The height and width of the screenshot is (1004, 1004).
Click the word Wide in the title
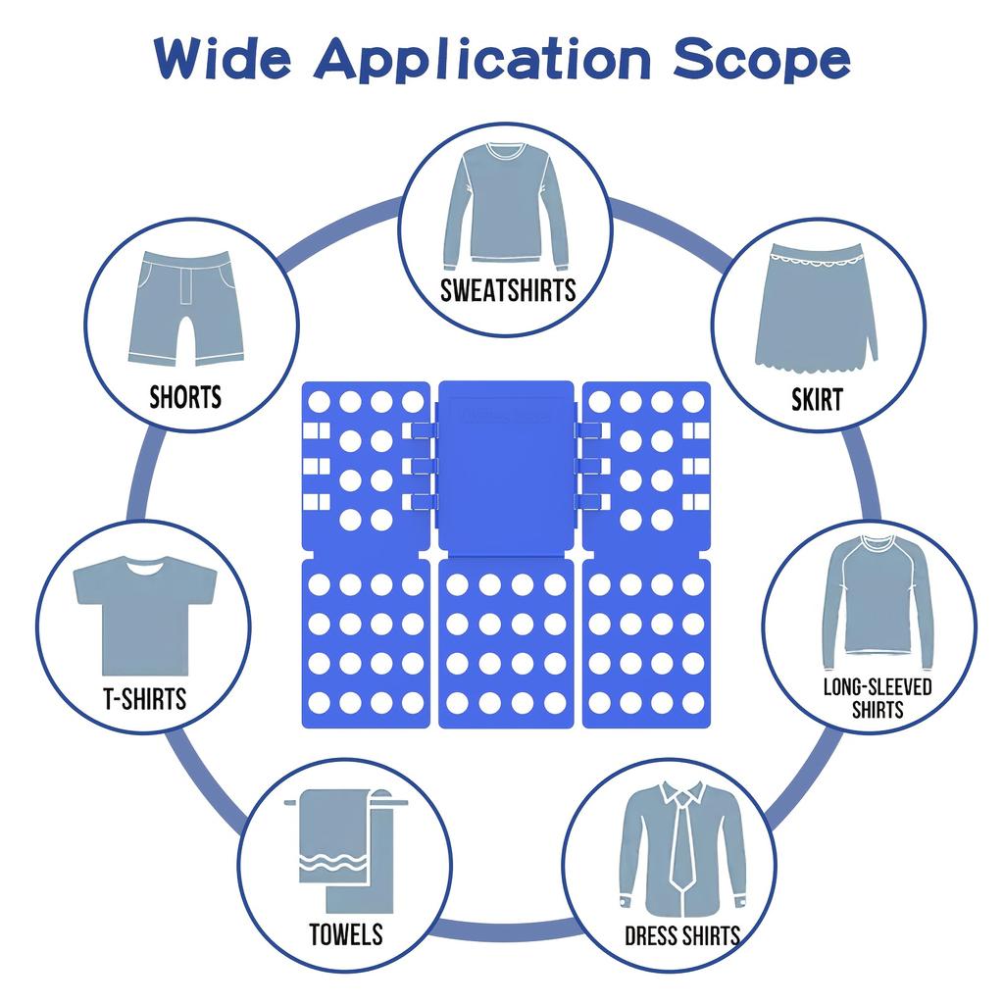pyautogui.click(x=225, y=60)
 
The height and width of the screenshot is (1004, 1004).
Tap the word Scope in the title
pyautogui.click(x=762, y=60)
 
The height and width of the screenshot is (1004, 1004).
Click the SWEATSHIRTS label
pyautogui.click(x=508, y=291)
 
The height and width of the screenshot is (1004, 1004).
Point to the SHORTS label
pyautogui.click(x=185, y=397)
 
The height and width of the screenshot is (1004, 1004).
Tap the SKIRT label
pyautogui.click(x=817, y=399)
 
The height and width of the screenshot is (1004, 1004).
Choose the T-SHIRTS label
pyautogui.click(x=144, y=699)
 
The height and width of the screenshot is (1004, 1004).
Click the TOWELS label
pyautogui.click(x=346, y=934)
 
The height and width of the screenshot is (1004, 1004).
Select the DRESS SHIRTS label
pyautogui.click(x=682, y=935)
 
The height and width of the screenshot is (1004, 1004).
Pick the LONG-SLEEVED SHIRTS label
pyautogui.click(x=878, y=697)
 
